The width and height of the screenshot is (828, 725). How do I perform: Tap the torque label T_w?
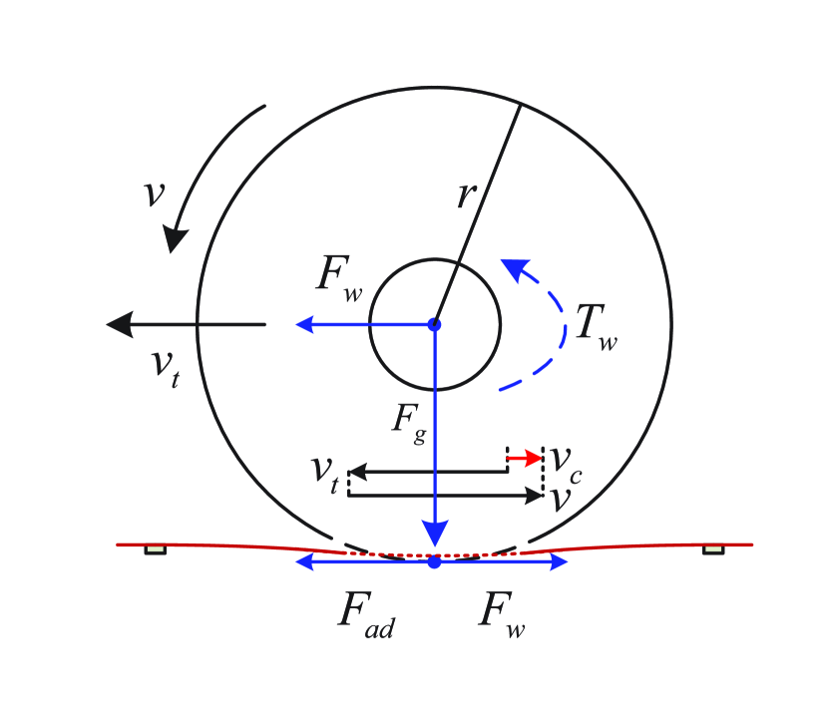click(x=596, y=327)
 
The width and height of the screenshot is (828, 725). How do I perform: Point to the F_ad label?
click(x=366, y=612)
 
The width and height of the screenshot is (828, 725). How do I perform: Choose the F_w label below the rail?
click(x=501, y=610)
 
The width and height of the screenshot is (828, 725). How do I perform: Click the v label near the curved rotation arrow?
click(x=153, y=193)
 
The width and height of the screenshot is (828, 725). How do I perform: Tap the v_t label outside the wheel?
click(x=166, y=368)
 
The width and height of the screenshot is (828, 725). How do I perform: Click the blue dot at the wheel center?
click(x=434, y=324)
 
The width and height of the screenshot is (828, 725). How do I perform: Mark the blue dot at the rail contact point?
click(x=434, y=562)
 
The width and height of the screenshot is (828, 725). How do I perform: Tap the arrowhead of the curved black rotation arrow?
click(x=177, y=239)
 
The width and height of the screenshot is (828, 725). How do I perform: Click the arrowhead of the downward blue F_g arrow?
click(x=434, y=533)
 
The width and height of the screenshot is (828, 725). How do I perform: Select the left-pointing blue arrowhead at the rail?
click(x=305, y=562)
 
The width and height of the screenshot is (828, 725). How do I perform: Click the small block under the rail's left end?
click(x=155, y=549)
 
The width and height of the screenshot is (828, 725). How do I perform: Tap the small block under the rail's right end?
click(x=712, y=549)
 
